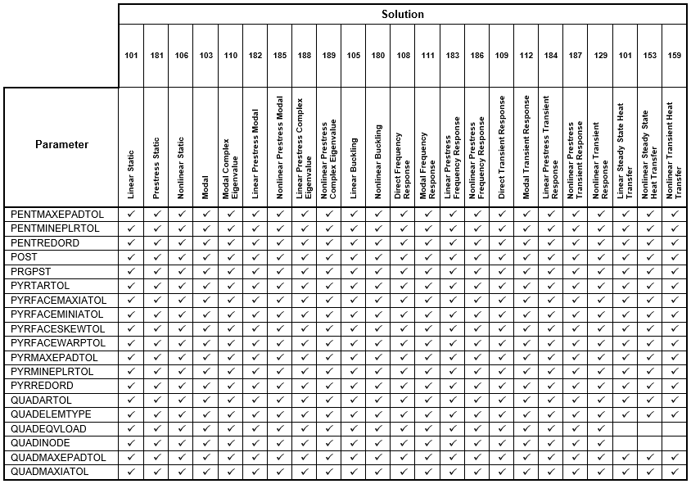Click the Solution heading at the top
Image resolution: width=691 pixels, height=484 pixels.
(402, 14)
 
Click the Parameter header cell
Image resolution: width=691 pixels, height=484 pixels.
(61, 145)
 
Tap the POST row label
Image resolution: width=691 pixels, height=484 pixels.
(25, 256)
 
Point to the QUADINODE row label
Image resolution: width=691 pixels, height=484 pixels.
(42, 443)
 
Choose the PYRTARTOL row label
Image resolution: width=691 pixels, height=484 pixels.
(43, 285)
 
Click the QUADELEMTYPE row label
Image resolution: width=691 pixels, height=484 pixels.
(51, 414)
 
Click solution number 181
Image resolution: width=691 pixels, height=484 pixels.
(156, 56)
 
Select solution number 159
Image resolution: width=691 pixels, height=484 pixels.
(674, 56)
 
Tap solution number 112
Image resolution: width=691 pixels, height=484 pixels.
(526, 56)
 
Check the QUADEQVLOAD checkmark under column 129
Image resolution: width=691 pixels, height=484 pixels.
(600, 429)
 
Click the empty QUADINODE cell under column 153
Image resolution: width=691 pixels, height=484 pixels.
(649, 443)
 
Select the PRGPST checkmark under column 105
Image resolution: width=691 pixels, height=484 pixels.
(353, 271)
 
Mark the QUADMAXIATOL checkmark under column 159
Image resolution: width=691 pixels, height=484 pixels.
(674, 472)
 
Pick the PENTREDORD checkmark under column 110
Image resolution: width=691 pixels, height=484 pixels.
(230, 242)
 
